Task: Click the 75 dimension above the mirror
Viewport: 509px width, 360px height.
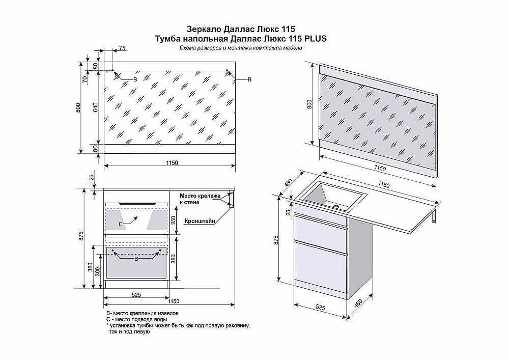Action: (121, 48)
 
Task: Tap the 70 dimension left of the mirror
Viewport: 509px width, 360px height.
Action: (86, 79)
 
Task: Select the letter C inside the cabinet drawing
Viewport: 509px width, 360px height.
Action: (121, 224)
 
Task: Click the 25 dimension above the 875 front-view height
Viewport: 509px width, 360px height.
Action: (91, 177)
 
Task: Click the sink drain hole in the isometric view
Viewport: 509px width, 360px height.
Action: (336, 207)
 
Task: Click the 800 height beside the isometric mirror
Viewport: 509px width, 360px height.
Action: (307, 105)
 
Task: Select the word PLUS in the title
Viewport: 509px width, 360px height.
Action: (315, 38)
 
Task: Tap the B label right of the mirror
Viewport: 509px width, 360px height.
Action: (249, 80)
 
